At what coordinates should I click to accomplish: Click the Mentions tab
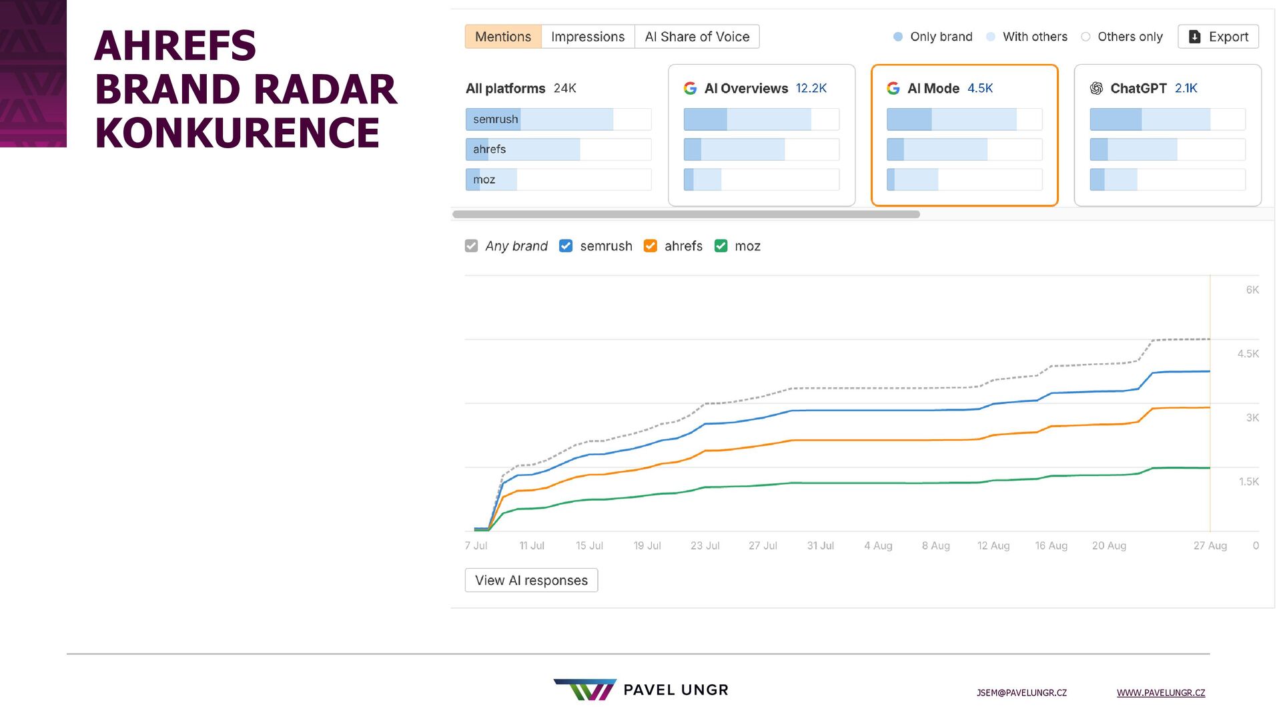(x=503, y=37)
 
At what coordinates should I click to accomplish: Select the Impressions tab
(x=588, y=37)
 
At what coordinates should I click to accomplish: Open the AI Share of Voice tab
(x=697, y=37)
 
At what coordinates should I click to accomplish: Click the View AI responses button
(x=531, y=580)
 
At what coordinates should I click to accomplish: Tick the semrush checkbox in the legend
(x=566, y=246)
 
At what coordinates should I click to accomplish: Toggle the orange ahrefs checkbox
(x=651, y=246)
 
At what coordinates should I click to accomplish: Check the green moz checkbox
(x=721, y=246)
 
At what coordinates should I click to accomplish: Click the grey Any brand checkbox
(x=472, y=246)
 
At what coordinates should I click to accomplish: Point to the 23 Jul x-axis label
(x=705, y=545)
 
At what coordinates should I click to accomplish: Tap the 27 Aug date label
(x=1210, y=545)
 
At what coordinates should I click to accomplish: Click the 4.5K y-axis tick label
(x=1248, y=354)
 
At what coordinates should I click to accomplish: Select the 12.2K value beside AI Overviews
(x=811, y=88)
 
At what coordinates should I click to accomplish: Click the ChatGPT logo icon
(x=1096, y=88)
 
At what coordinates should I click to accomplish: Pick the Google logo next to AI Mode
(x=893, y=88)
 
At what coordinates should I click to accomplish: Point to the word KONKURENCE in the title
(x=238, y=132)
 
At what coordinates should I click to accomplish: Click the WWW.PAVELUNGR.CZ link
(x=1160, y=693)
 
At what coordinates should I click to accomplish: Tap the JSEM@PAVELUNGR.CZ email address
(x=1021, y=693)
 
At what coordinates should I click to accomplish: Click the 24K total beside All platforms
(x=564, y=88)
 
